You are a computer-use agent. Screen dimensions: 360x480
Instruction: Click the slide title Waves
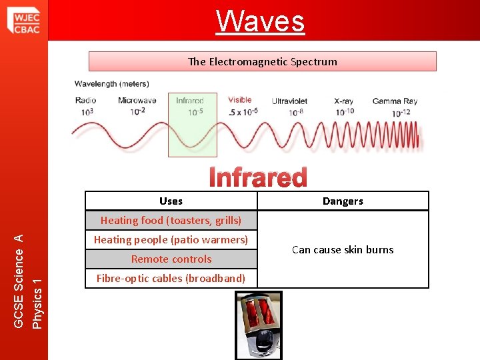(260, 21)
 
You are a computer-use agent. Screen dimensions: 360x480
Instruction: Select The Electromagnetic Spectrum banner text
(262, 61)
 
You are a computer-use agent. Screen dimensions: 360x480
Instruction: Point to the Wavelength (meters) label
(111, 84)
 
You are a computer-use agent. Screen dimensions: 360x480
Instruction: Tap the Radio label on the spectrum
(85, 101)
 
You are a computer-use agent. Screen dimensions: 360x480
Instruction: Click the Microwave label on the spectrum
(137, 101)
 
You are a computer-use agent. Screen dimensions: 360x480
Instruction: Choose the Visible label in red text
(239, 100)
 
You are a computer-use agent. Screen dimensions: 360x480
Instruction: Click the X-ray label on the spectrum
(343, 101)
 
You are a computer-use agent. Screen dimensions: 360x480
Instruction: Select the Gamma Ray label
(395, 101)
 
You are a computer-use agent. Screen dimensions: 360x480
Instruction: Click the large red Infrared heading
(258, 177)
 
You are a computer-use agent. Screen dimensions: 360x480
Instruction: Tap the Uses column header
(171, 201)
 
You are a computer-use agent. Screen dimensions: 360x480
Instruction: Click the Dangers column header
(343, 201)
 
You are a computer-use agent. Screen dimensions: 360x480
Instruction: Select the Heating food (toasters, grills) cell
(171, 220)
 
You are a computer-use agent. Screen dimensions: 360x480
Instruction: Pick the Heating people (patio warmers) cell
(171, 239)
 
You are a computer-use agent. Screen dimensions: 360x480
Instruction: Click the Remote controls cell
(171, 259)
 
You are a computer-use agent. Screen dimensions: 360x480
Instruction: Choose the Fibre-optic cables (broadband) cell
(171, 278)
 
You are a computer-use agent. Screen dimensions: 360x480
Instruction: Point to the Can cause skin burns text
(343, 249)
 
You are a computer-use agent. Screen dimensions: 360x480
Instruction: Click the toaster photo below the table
(258, 325)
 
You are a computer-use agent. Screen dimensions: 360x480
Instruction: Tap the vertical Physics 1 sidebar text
(38, 294)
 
